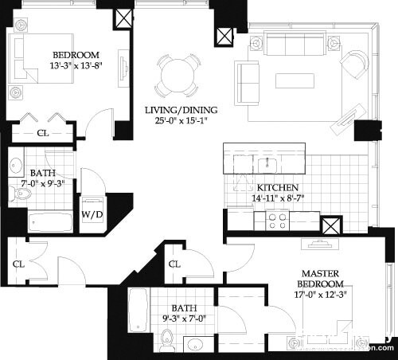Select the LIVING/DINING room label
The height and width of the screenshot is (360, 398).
[181, 110]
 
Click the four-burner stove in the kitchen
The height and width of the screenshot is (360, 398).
[278, 221]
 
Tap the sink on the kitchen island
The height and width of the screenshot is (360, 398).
[266, 165]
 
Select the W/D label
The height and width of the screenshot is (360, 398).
[92, 213]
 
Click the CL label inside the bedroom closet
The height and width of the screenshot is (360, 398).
[41, 133]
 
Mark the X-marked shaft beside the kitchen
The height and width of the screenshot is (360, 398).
[332, 225]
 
